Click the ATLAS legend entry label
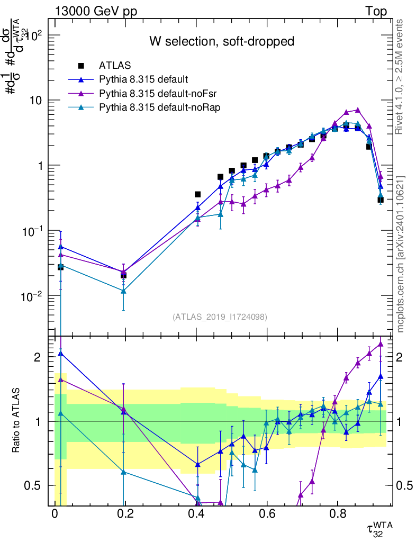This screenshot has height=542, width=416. (114, 66)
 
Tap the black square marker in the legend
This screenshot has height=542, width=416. (81, 66)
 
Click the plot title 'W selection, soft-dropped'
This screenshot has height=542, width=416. (221, 41)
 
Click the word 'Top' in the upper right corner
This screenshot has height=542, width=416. (375, 11)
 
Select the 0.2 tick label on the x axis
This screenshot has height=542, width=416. (125, 514)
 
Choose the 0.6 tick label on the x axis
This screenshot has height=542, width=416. (266, 514)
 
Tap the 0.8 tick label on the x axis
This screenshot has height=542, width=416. (337, 514)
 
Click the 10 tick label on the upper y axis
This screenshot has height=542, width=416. (39, 101)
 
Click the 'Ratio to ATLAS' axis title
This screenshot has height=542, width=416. (17, 421)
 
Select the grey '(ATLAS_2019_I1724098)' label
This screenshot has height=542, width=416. (220, 317)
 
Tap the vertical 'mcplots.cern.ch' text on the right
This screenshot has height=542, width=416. (401, 254)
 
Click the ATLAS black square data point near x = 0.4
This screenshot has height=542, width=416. (197, 195)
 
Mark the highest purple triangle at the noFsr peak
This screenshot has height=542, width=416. (358, 110)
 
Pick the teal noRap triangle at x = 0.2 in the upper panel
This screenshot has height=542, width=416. (123, 291)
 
